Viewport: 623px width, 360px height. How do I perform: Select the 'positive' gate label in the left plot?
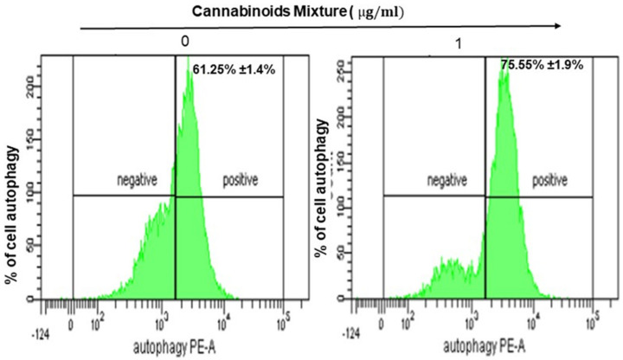241,181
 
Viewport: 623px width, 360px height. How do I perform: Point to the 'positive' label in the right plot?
550,181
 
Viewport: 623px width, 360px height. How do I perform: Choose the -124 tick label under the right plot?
350,332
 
